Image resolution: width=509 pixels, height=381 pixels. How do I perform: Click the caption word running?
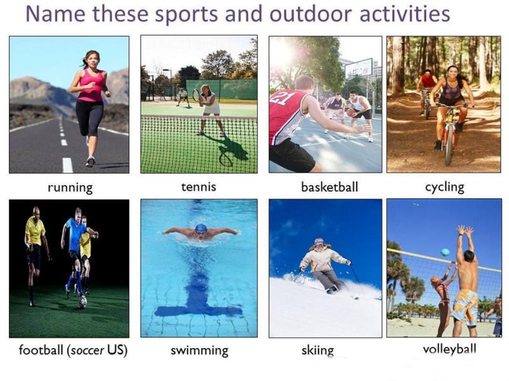70,187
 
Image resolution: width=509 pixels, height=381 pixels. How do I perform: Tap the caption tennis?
199,187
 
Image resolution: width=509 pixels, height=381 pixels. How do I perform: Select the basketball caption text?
330,187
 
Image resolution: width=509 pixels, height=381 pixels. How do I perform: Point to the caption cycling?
444,187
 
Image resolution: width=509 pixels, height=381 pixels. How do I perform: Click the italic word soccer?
88,351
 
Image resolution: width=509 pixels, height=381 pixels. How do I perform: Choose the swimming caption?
199,351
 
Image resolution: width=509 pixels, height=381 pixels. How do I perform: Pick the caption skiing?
317,351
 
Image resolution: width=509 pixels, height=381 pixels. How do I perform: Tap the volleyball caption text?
450,349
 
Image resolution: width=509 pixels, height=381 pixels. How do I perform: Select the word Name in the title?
55,14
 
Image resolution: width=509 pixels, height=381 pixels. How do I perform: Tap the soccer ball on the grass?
83,301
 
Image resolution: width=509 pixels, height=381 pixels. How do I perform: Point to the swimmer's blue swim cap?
201,228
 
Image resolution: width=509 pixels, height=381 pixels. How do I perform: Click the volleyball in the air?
445,252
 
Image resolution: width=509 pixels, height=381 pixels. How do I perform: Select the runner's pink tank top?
91,86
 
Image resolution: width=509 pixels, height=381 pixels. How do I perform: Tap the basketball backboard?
358,69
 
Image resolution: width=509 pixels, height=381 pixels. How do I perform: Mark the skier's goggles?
319,242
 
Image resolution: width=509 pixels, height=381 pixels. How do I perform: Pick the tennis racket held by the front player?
196,95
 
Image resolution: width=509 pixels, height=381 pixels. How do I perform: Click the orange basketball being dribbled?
351,113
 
